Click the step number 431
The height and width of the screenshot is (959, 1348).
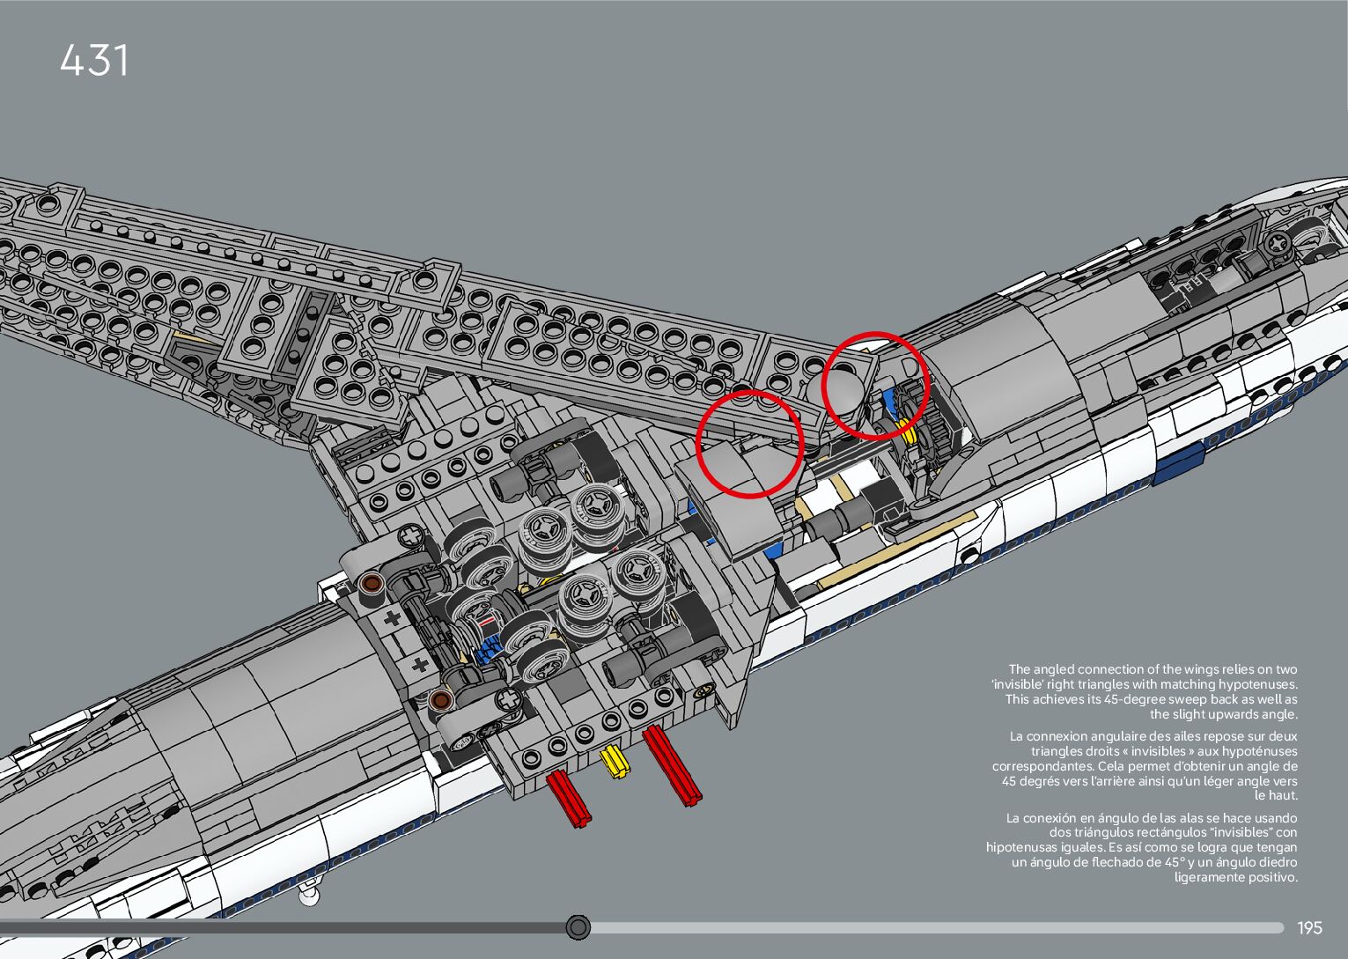pyautogui.click(x=94, y=61)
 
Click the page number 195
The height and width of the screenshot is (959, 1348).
pyautogui.click(x=1309, y=928)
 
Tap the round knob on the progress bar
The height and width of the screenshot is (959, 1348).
pyautogui.click(x=578, y=927)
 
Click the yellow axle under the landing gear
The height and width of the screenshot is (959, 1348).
pyautogui.click(x=614, y=761)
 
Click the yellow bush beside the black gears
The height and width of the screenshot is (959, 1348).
pyautogui.click(x=906, y=431)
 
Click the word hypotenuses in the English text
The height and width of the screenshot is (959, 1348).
pyautogui.click(x=1255, y=684)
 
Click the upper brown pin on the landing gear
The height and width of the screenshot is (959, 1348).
pyautogui.click(x=371, y=583)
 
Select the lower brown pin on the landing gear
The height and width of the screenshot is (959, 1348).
pyautogui.click(x=441, y=700)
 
